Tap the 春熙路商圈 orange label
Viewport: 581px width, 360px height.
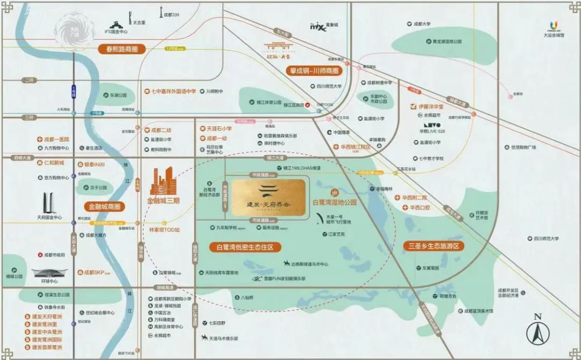(122, 49)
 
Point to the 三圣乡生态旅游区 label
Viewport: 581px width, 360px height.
(434, 246)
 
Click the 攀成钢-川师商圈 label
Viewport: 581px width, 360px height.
(314, 70)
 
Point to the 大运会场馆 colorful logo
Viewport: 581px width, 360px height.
(554, 25)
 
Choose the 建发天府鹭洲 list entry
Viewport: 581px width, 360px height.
(46, 317)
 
